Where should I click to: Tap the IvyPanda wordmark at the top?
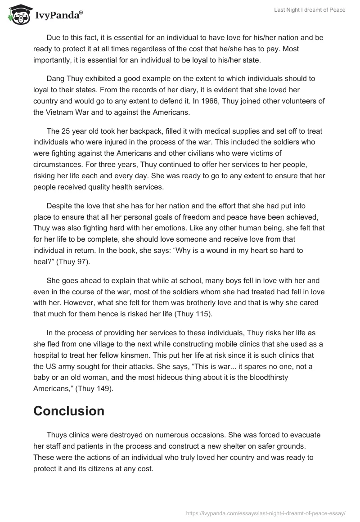[58, 16]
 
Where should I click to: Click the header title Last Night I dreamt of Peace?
[310, 10]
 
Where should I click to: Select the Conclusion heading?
[69, 410]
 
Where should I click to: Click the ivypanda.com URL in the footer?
[265, 513]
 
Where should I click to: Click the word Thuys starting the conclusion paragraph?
[57, 435]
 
